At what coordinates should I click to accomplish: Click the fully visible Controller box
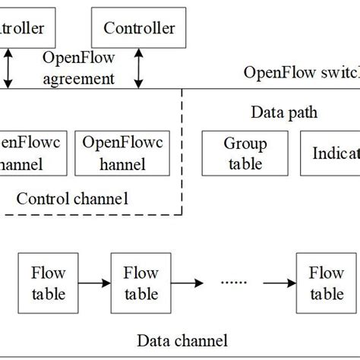click(x=138, y=30)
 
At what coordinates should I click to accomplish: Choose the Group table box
click(x=245, y=152)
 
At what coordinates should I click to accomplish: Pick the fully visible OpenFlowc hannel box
click(x=118, y=152)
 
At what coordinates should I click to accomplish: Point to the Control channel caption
click(x=72, y=199)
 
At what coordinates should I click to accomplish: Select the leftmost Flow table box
click(x=48, y=283)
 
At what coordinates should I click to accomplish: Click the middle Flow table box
click(x=141, y=283)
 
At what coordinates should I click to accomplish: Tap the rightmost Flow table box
click(x=324, y=283)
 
